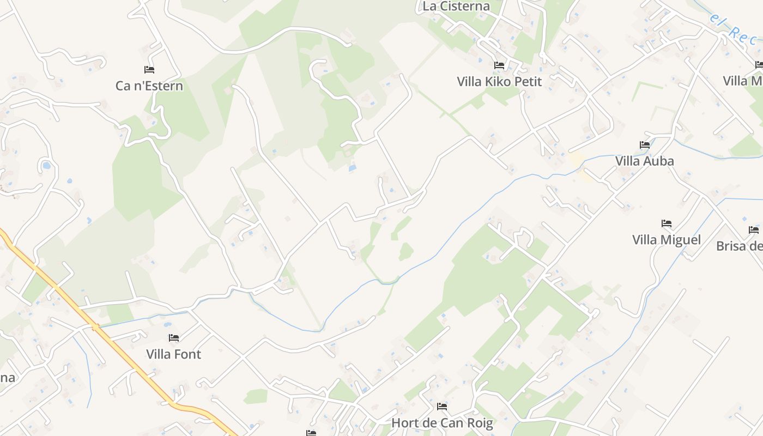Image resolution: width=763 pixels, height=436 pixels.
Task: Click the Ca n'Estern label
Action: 149,86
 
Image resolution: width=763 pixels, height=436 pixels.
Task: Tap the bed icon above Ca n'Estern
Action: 149,70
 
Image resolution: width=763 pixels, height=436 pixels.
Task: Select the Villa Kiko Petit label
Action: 499,82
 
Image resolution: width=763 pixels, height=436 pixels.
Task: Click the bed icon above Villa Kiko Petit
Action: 499,65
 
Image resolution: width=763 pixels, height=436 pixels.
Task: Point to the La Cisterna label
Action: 456,7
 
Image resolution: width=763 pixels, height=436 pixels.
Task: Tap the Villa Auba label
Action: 644,161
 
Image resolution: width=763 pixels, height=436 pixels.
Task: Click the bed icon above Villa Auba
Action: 645,145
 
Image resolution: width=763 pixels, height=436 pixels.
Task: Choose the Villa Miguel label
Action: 666,240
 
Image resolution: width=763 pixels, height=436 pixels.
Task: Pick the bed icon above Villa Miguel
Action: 667,223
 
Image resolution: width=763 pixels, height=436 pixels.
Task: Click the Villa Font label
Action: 173,354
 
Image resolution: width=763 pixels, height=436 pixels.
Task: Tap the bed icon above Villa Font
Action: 174,338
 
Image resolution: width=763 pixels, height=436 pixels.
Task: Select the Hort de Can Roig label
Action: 442,423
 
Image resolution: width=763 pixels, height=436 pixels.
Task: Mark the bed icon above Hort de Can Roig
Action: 442,407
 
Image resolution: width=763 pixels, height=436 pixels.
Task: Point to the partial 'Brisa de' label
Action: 739,246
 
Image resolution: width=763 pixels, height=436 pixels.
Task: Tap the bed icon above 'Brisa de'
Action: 754,230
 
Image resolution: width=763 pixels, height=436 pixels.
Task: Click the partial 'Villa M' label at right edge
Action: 742,81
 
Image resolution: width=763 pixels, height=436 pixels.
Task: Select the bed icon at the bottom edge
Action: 311,433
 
